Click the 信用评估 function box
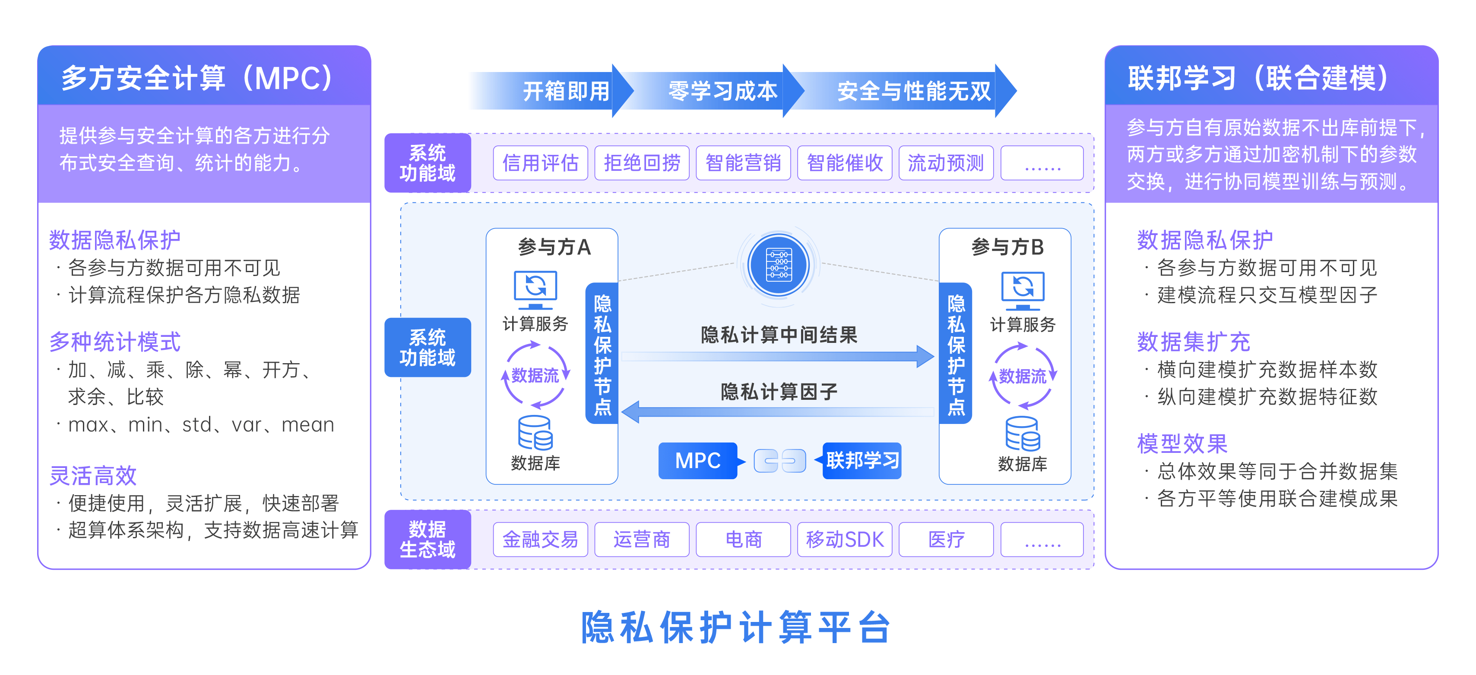[x=540, y=163]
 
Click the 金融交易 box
[x=540, y=539]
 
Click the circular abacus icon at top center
[x=779, y=265]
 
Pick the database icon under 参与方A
[x=535, y=433]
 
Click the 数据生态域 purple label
[x=428, y=539]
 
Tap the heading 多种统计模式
[x=114, y=342]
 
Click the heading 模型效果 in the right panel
[x=1181, y=444]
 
